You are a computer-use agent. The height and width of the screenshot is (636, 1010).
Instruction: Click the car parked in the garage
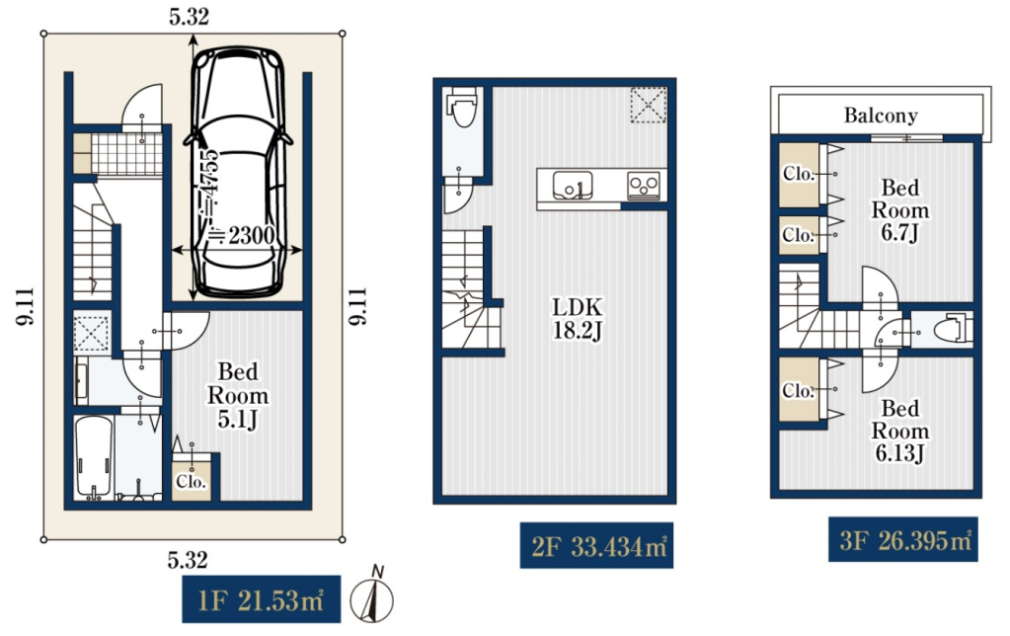tap(238, 172)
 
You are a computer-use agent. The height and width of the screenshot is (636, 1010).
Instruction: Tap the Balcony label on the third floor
tap(881, 116)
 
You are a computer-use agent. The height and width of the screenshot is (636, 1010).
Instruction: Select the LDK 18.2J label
tap(578, 318)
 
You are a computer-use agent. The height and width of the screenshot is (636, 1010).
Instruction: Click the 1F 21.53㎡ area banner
tap(261, 599)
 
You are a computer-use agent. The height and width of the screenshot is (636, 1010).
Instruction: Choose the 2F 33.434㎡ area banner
tap(596, 546)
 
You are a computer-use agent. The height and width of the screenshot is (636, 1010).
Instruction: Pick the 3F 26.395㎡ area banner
tap(903, 539)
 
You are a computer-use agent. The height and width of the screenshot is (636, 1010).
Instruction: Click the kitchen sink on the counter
tap(573, 186)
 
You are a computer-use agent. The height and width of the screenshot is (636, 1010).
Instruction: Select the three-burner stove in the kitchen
tap(644, 187)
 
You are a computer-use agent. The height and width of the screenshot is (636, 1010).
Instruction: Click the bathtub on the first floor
tap(94, 457)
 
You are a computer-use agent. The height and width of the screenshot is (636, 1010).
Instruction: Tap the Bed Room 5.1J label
tap(238, 395)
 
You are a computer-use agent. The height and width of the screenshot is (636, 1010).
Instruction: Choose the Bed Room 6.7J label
tap(899, 210)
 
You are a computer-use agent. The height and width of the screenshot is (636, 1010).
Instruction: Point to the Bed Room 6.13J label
tap(899, 431)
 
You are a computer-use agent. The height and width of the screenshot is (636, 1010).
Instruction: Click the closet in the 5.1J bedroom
tap(192, 481)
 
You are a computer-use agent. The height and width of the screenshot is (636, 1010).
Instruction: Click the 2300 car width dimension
tap(248, 236)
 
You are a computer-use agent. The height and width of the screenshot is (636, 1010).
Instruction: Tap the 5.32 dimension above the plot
tap(189, 16)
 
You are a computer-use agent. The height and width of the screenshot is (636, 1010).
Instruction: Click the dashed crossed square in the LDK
tap(648, 105)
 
